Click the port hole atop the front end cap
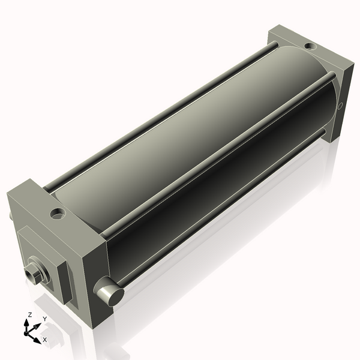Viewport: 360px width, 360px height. coord(58,212)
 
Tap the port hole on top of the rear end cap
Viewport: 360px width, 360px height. coord(310,46)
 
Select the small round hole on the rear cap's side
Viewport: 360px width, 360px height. coord(340,107)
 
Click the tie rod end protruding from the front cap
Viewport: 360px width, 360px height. coord(109,295)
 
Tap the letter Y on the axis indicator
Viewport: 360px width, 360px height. coord(44,318)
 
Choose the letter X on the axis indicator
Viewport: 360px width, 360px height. coord(44,340)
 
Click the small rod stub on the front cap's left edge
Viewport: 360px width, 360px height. coord(10,214)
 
